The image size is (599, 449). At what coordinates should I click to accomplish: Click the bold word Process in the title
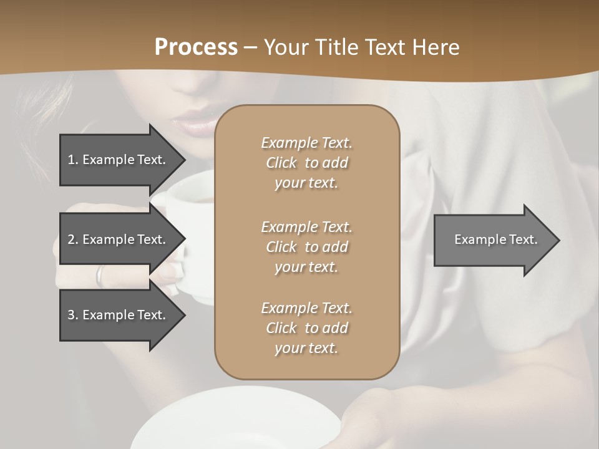(x=196, y=47)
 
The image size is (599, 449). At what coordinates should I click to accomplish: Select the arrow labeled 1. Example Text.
(x=119, y=160)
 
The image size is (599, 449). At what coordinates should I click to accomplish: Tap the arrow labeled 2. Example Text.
(x=119, y=239)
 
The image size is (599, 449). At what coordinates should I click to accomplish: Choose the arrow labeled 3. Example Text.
(x=119, y=315)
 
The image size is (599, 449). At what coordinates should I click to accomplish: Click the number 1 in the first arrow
(x=71, y=160)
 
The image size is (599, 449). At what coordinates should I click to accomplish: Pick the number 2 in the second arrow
(x=71, y=239)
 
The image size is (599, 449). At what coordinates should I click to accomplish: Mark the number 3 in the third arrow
(x=71, y=315)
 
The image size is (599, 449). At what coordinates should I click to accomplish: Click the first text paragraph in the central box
(x=306, y=163)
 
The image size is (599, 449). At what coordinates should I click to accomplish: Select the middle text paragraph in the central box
(x=306, y=246)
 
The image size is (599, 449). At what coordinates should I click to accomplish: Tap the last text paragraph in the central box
(x=306, y=328)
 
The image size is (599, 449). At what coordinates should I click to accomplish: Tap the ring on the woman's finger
(x=100, y=275)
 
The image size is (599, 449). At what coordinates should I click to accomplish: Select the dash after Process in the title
(x=250, y=47)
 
